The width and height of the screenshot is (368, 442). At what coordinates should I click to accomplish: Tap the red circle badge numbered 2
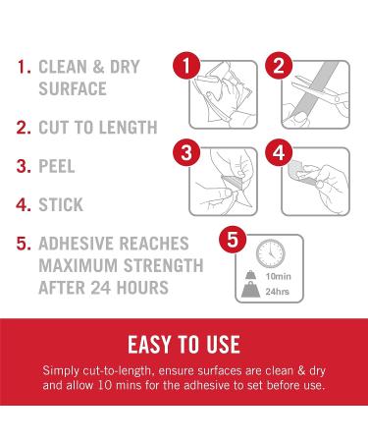pyautogui.click(x=278, y=67)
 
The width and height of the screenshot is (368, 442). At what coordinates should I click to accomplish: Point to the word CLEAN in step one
pyautogui.click(x=68, y=68)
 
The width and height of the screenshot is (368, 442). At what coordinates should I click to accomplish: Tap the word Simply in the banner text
pyautogui.click(x=63, y=372)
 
